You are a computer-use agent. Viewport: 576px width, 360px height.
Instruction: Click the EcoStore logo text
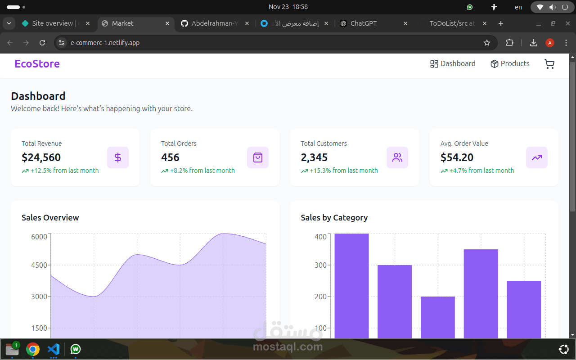point(37,64)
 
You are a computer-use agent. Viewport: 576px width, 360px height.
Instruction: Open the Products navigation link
point(510,64)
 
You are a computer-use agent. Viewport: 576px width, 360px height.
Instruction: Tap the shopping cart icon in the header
point(549,64)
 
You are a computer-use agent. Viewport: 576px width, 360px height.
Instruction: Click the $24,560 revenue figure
point(41,157)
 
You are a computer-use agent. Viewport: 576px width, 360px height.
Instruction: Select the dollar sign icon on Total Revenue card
point(118,157)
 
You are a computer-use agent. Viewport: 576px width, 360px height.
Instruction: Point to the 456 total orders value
point(170,157)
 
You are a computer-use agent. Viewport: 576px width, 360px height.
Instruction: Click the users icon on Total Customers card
point(397,157)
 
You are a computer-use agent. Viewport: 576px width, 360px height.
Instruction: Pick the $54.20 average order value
point(457,157)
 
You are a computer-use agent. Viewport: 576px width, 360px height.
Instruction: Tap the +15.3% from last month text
point(344,171)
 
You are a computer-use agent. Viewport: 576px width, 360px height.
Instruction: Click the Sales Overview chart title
point(50,218)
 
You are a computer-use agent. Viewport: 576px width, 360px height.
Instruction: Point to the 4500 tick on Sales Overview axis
point(39,265)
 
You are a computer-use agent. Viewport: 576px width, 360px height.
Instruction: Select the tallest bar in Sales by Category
point(351,286)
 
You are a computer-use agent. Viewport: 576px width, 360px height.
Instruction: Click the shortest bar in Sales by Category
point(437,317)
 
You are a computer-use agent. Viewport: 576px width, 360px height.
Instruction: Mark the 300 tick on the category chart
point(320,265)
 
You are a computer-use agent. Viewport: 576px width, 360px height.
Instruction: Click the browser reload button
point(42,43)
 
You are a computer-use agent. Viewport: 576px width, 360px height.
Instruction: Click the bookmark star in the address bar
point(487,43)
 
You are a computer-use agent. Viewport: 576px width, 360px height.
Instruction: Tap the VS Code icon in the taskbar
point(54,349)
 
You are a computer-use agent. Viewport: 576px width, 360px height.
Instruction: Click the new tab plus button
point(501,23)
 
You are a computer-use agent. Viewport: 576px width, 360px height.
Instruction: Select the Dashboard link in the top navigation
point(453,64)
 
